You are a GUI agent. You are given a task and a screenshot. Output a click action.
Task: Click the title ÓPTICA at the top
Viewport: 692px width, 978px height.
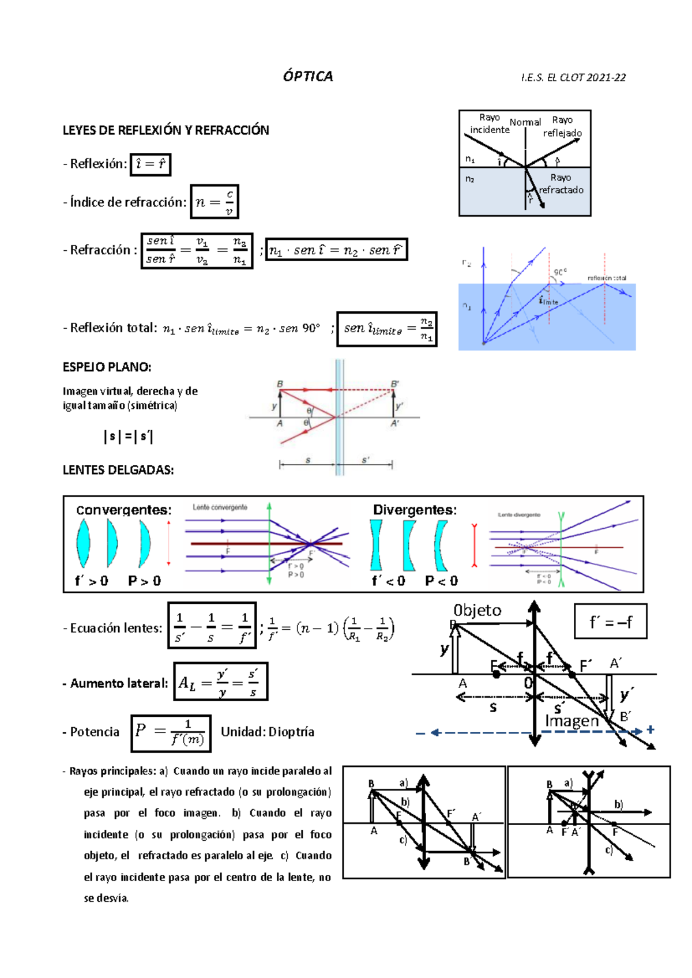pyautogui.click(x=308, y=77)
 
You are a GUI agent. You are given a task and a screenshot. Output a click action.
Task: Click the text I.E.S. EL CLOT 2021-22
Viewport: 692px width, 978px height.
pyautogui.click(x=573, y=78)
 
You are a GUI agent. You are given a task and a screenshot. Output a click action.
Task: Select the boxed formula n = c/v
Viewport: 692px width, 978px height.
pyautogui.click(x=215, y=202)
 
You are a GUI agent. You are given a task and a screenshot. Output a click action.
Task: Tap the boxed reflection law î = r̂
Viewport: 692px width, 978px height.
pyautogui.click(x=151, y=164)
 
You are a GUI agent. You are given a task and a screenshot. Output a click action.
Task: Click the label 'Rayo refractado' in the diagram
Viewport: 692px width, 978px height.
pyautogui.click(x=561, y=184)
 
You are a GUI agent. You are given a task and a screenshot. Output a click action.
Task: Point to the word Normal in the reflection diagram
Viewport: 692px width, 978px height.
pyautogui.click(x=525, y=122)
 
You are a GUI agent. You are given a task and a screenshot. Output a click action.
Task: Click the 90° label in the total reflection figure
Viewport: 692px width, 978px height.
pyautogui.click(x=560, y=272)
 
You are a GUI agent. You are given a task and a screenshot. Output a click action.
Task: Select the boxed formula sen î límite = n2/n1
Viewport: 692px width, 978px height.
pyautogui.click(x=387, y=329)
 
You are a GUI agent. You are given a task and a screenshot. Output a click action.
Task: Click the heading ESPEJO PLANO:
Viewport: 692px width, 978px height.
pyautogui.click(x=107, y=367)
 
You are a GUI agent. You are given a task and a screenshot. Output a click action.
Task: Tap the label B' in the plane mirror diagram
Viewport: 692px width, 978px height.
pyautogui.click(x=395, y=384)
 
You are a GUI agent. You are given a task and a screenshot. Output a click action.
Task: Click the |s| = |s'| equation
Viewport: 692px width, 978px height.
pyautogui.click(x=128, y=437)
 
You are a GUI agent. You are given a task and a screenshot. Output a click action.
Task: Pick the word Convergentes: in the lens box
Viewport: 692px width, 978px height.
pyautogui.click(x=124, y=510)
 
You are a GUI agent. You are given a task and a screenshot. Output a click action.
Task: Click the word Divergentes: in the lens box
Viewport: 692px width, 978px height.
pyautogui.click(x=415, y=510)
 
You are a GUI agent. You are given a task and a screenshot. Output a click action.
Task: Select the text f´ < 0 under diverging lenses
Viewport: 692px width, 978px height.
pyautogui.click(x=388, y=581)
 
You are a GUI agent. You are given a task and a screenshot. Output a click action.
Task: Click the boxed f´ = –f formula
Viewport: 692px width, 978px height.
pyautogui.click(x=610, y=622)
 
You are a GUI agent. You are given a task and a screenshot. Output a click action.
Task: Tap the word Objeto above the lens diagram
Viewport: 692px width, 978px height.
pyautogui.click(x=477, y=611)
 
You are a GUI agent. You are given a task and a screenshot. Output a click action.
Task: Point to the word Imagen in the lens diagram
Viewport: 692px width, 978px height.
pyautogui.click(x=572, y=721)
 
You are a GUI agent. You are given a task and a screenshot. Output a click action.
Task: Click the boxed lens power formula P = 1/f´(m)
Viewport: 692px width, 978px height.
pyautogui.click(x=171, y=733)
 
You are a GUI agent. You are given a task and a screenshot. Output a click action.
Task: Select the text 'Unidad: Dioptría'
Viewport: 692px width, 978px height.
pyautogui.click(x=268, y=732)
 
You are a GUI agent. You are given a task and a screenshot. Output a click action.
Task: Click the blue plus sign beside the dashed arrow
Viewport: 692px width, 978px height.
pyautogui.click(x=650, y=729)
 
